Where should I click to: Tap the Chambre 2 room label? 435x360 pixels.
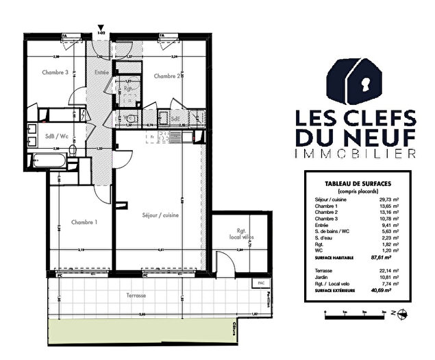tap(167, 75)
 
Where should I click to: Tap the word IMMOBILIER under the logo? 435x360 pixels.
tap(353, 152)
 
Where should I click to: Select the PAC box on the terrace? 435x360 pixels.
tap(260, 283)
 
